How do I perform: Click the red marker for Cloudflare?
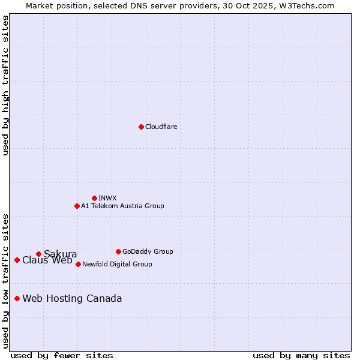click(x=141, y=127)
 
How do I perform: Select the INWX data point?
click(x=94, y=198)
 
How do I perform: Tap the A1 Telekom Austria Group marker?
click(x=77, y=206)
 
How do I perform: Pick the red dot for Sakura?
click(x=38, y=254)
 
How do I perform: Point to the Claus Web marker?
click(x=17, y=260)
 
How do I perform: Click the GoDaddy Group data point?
click(x=118, y=251)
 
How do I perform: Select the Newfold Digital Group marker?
click(x=78, y=264)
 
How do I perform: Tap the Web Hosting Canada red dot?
click(x=17, y=298)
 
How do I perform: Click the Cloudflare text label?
click(x=161, y=127)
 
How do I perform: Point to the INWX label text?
click(x=107, y=198)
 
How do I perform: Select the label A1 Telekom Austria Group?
click(x=122, y=206)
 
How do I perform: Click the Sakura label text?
click(x=60, y=254)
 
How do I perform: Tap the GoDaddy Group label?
click(x=148, y=251)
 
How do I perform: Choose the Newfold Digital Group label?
click(x=117, y=264)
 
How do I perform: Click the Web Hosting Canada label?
click(x=72, y=298)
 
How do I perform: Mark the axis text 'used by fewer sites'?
click(x=62, y=355)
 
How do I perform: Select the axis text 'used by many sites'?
click(x=301, y=355)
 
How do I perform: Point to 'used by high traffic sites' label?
click(x=5, y=85)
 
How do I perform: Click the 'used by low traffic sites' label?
click(x=5, y=281)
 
